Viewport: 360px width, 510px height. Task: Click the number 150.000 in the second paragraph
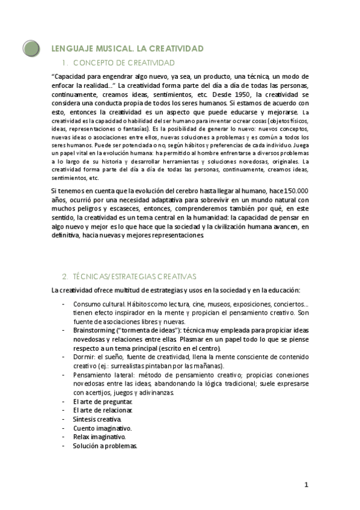coord(297,191)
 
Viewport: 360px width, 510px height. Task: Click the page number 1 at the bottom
coord(306,485)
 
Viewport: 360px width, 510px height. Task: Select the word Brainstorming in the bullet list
coord(96,331)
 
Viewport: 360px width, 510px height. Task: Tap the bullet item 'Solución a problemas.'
coord(105,446)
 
